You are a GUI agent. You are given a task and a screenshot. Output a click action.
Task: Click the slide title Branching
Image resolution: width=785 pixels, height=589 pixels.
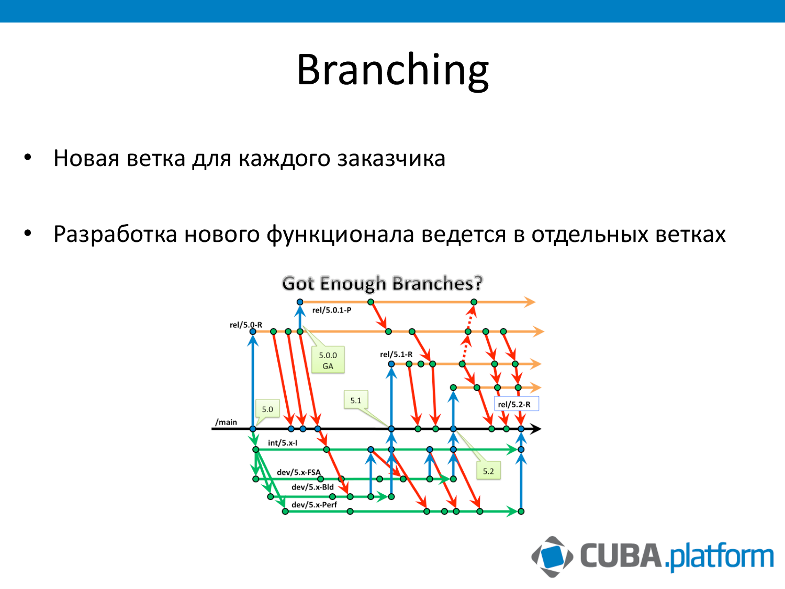tap(392, 70)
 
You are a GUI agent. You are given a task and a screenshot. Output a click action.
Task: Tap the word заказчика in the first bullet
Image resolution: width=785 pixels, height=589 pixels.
tap(391, 158)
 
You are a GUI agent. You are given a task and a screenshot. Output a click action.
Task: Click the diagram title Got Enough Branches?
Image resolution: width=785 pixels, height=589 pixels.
tap(383, 283)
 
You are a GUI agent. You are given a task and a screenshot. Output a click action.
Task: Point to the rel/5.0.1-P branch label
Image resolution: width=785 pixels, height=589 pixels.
tap(331, 310)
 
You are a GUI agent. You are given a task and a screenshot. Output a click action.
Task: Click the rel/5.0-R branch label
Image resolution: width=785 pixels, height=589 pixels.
tap(245, 325)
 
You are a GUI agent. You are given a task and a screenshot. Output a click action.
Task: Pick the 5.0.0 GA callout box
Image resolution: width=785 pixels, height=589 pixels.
tap(328, 360)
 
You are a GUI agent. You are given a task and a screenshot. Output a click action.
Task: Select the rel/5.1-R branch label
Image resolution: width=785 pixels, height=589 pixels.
tap(396, 354)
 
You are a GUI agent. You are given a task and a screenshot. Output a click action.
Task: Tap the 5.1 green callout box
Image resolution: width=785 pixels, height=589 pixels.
tap(356, 400)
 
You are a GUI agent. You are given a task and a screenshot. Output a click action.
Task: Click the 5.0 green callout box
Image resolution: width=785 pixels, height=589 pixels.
tap(267, 409)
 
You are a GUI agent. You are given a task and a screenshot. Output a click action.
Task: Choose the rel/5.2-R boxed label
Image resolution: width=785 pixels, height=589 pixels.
tap(516, 404)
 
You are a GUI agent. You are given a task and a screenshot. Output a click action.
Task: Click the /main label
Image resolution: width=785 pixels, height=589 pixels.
tap(226, 422)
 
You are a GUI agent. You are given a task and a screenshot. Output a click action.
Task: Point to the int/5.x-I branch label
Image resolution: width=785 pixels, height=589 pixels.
tap(283, 443)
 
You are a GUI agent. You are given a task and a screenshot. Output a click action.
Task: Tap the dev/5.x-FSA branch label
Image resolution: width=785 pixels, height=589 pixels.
tap(299, 472)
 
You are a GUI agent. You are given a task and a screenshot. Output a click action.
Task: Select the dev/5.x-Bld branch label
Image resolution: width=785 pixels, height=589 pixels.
tap(312, 487)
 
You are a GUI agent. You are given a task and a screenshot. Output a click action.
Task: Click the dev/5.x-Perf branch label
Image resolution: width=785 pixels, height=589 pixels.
tap(315, 505)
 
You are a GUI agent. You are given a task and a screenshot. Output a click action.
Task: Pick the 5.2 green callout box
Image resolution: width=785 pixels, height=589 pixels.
tap(488, 471)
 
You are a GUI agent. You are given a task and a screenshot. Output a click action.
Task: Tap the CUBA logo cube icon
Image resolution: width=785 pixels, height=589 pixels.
tap(552, 557)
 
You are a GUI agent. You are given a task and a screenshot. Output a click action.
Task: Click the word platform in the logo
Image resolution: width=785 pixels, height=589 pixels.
tap(722, 557)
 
